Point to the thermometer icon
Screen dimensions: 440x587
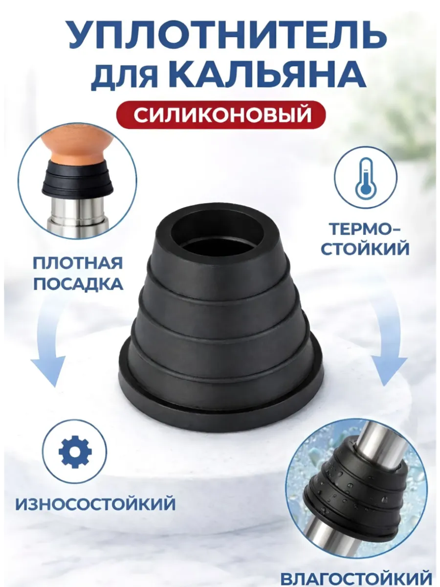click(366, 177)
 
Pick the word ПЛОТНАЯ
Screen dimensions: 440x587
click(78, 263)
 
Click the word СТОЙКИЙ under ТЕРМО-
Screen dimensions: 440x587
click(365, 249)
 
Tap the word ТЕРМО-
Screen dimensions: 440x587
click(365, 229)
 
